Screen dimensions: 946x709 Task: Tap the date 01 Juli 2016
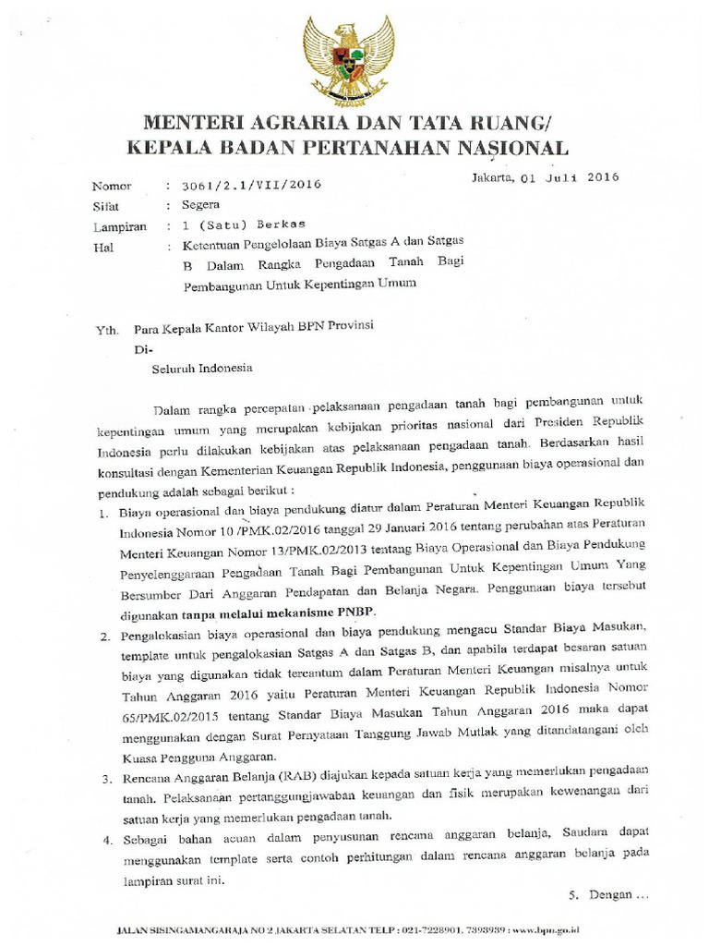[573, 176]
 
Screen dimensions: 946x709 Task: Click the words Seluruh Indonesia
[201, 367]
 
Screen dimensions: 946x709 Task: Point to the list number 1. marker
[103, 511]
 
